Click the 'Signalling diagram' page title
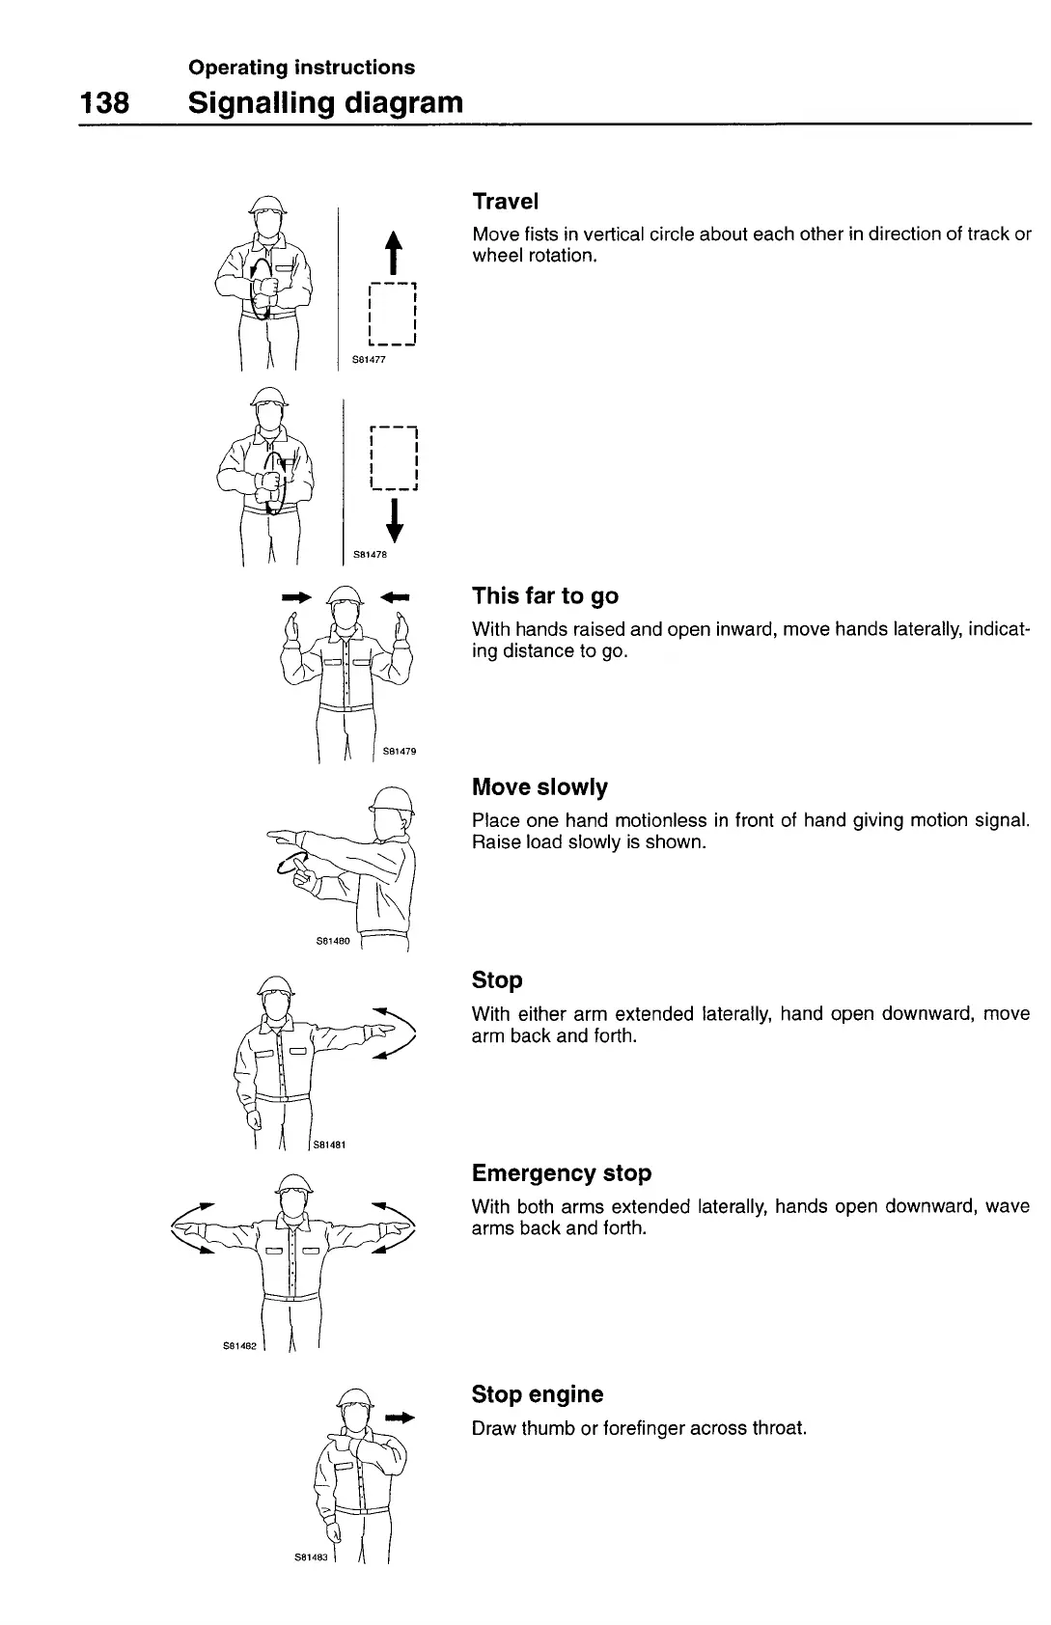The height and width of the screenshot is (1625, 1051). (x=326, y=102)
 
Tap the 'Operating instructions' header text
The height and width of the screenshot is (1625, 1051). (x=302, y=68)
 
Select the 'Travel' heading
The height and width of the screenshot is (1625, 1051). (x=505, y=202)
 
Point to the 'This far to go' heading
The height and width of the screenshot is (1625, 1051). (x=545, y=595)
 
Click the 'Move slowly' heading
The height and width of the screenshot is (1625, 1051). (x=539, y=787)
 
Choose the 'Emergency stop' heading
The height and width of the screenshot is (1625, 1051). (x=562, y=1173)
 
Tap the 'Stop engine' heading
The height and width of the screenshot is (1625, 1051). (x=538, y=1394)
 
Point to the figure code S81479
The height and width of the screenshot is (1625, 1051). (x=399, y=751)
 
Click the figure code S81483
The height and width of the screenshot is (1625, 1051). (x=312, y=1556)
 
